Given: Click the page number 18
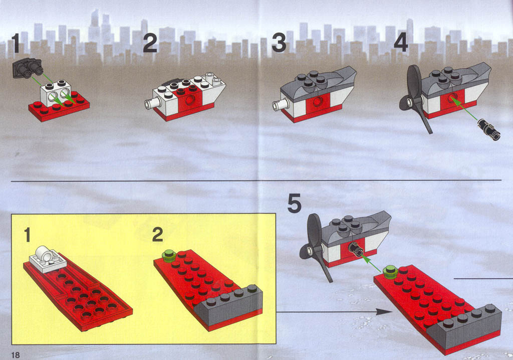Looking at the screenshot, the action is [x=16, y=355].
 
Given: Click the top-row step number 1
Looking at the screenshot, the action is [x=16, y=43].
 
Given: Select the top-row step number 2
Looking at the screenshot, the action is [x=150, y=43].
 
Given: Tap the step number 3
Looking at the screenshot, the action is [x=279, y=43].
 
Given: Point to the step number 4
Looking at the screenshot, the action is [x=401, y=43].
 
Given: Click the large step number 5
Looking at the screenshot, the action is [x=294, y=204].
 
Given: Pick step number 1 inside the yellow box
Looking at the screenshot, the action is [x=28, y=235].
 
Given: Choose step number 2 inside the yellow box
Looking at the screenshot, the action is [x=158, y=235].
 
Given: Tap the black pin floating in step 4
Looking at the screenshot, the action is [x=489, y=129].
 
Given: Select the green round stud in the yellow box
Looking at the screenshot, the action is [x=169, y=255].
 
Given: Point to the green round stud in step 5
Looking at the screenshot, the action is [x=390, y=272].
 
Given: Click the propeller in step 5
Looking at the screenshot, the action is [x=316, y=246].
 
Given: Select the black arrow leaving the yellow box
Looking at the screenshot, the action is [x=333, y=312].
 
